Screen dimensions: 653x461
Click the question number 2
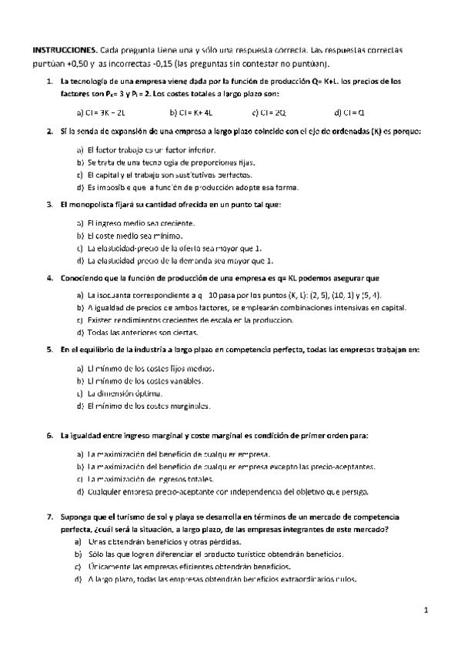(49, 132)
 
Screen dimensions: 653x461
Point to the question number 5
(49, 350)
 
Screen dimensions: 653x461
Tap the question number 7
(49, 515)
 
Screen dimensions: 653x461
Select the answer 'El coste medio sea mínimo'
(135, 235)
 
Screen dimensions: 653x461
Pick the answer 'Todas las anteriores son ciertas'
(142, 332)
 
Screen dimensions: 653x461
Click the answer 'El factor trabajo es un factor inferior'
(146, 149)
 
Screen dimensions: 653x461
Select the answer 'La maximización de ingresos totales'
(158, 478)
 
